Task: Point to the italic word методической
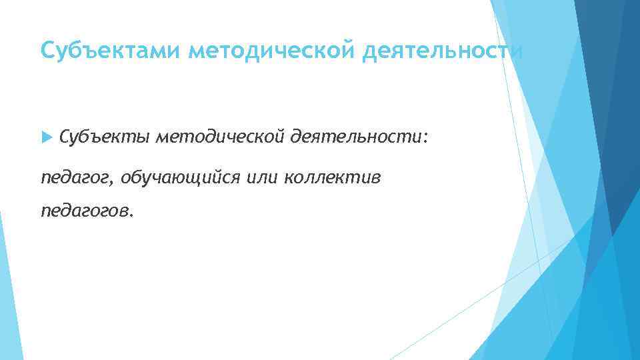pos(221,137)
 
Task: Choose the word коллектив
pos(333,177)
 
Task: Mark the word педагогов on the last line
pos(85,211)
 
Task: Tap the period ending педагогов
pos(131,215)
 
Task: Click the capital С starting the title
pos(47,50)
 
